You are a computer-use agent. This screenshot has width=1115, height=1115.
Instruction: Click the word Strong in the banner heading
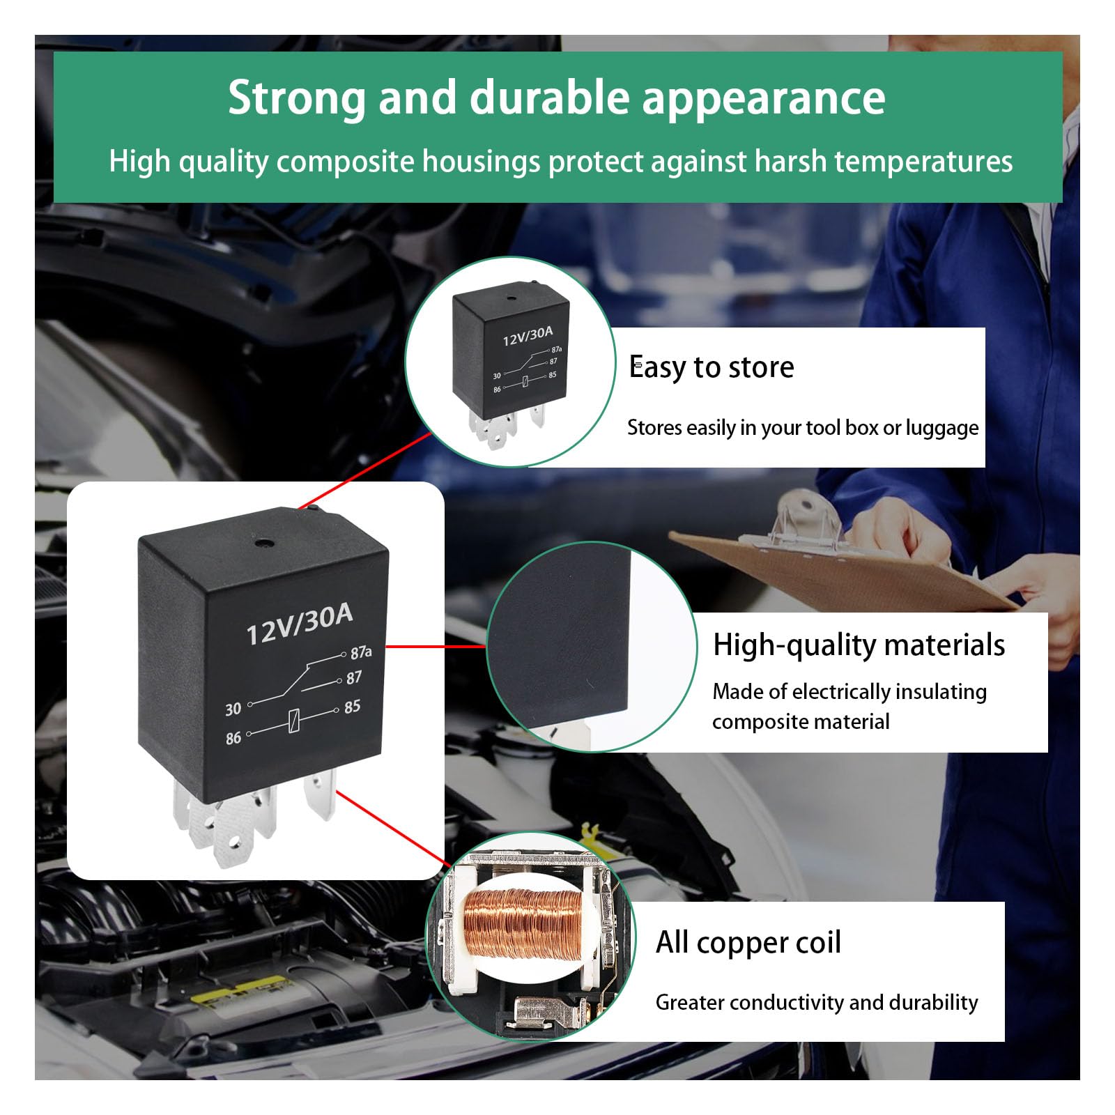pyautogui.click(x=297, y=98)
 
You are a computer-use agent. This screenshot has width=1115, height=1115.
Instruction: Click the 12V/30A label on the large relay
pyautogui.click(x=300, y=624)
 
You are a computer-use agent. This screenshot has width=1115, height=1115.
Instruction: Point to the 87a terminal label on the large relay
pyautogui.click(x=361, y=652)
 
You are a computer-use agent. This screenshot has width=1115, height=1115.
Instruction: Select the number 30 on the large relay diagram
pyautogui.click(x=233, y=709)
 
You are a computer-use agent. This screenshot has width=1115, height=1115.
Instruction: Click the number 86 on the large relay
pyautogui.click(x=233, y=737)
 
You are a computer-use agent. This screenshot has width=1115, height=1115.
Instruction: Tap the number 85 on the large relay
pyautogui.click(x=352, y=707)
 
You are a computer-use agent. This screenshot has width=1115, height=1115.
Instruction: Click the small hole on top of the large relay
pyautogui.click(x=264, y=544)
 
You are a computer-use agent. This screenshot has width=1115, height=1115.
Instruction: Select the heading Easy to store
pyautogui.click(x=711, y=367)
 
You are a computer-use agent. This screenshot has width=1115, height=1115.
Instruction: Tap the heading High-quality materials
pyautogui.click(x=859, y=645)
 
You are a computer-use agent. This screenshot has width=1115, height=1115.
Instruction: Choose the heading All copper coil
pyautogui.click(x=748, y=943)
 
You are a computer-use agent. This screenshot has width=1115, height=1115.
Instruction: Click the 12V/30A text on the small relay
pyautogui.click(x=528, y=336)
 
